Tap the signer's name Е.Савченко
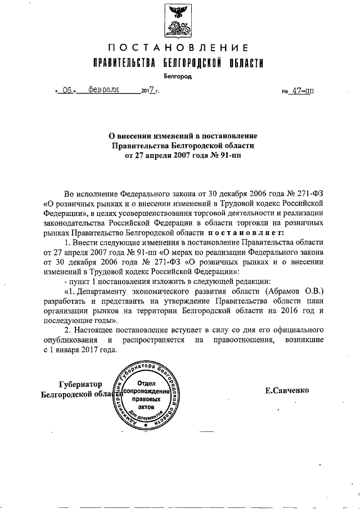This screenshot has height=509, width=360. (287, 390)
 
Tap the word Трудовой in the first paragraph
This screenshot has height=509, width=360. (243, 203)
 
